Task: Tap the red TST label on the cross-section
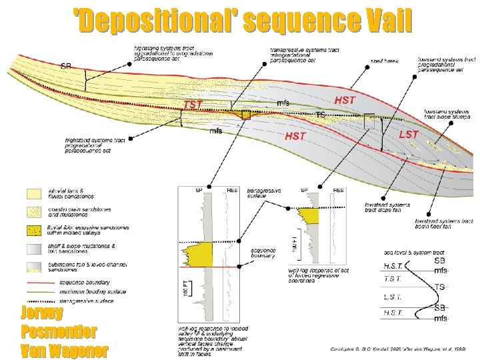pyautogui.click(x=193, y=105)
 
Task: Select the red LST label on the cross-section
pyautogui.click(x=408, y=134)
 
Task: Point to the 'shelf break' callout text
pyautogui.click(x=385, y=61)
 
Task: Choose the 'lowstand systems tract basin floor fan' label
pyautogui.click(x=443, y=223)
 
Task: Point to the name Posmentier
pyautogui.click(x=59, y=331)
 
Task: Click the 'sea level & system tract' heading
pyautogui.click(x=415, y=253)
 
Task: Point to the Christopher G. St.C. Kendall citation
pyautogui.click(x=397, y=349)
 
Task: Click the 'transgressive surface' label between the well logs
pyautogui.click(x=263, y=193)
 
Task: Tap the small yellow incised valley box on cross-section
pyautogui.click(x=246, y=115)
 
